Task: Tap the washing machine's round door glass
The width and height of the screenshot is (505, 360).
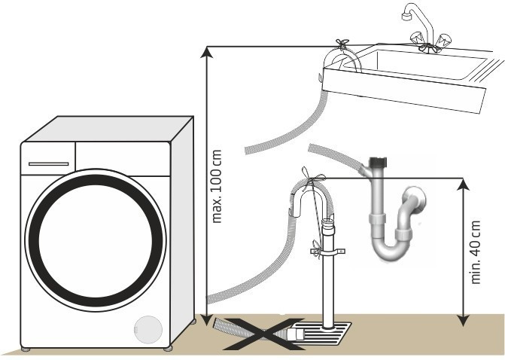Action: pyautogui.click(x=96, y=241)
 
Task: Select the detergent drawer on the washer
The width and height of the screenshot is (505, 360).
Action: pyautogui.click(x=47, y=163)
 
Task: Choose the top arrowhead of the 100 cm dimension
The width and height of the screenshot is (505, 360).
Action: pyautogui.click(x=205, y=50)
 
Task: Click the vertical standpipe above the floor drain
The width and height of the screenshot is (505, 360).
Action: pyautogui.click(x=329, y=286)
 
